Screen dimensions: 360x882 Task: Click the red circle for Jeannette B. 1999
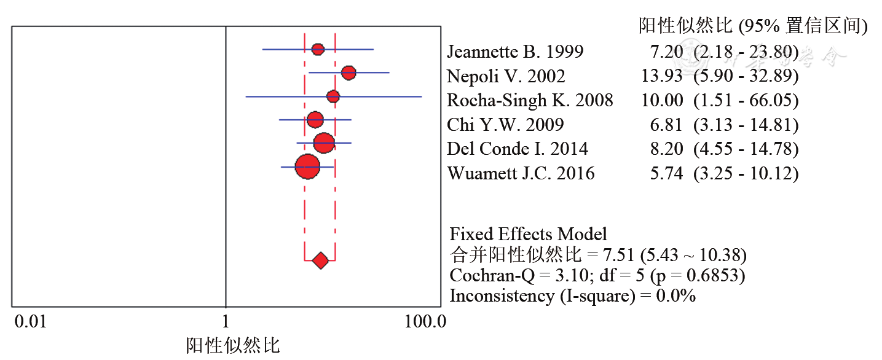pos(317,50)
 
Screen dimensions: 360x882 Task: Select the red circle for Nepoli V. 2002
pos(348,73)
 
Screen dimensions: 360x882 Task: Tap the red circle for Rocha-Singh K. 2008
pos(333,96)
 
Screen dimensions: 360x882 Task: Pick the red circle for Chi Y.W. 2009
pos(315,120)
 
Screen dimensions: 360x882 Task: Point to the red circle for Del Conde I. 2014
pos(324,143)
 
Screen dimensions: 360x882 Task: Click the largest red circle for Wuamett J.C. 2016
pos(307,166)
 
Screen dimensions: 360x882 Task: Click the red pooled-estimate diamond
pos(320,260)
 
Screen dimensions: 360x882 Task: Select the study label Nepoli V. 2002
pos(506,76)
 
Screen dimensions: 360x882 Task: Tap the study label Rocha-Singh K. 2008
pos(530,100)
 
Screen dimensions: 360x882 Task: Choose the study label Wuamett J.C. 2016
pos(521,173)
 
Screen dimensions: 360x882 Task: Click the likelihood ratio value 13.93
pos(661,76)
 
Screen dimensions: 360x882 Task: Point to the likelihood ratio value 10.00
pos(661,100)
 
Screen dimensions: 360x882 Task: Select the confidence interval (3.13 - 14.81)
pos(746,125)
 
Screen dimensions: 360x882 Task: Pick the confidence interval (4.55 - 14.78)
pos(746,149)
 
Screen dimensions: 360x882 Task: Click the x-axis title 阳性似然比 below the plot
pos(233,345)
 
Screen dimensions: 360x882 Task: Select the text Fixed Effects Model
pos(528,234)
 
